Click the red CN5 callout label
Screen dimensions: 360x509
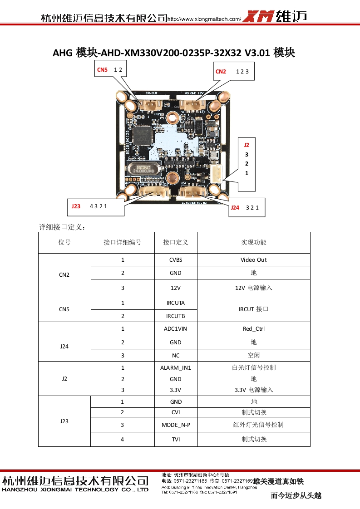pyautogui.click(x=102, y=70)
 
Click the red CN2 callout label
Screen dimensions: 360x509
pyautogui.click(x=221, y=71)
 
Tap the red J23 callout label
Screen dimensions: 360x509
pyautogui.click(x=76, y=206)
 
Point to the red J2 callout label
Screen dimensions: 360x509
pyautogui.click(x=247, y=145)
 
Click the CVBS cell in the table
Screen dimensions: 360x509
pyautogui.click(x=176, y=260)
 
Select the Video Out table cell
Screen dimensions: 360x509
pyautogui.click(x=253, y=260)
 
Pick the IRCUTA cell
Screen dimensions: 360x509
pyautogui.click(x=176, y=303)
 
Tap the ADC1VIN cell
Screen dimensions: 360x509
pyautogui.click(x=176, y=329)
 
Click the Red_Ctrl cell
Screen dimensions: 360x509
pyautogui.click(x=253, y=329)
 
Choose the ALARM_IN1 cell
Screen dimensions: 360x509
pyautogui.click(x=176, y=367)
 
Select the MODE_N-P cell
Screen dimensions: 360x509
pyautogui.click(x=176, y=425)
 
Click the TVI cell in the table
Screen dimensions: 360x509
pyautogui.click(x=176, y=439)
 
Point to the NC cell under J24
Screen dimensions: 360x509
pyautogui.click(x=176, y=355)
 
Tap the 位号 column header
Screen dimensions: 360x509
pyautogui.click(x=64, y=242)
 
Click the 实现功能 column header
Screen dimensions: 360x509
pyautogui.click(x=253, y=242)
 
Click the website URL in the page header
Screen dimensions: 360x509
pyautogui.click(x=204, y=19)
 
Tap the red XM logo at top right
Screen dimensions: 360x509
pyautogui.click(x=258, y=17)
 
